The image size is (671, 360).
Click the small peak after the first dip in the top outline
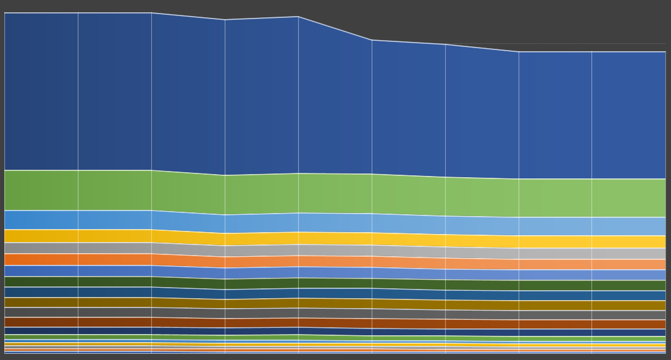298,17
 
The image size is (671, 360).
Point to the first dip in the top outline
225,20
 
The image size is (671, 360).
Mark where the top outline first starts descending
151,13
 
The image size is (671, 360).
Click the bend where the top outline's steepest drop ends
372,40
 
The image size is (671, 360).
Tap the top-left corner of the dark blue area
5,13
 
